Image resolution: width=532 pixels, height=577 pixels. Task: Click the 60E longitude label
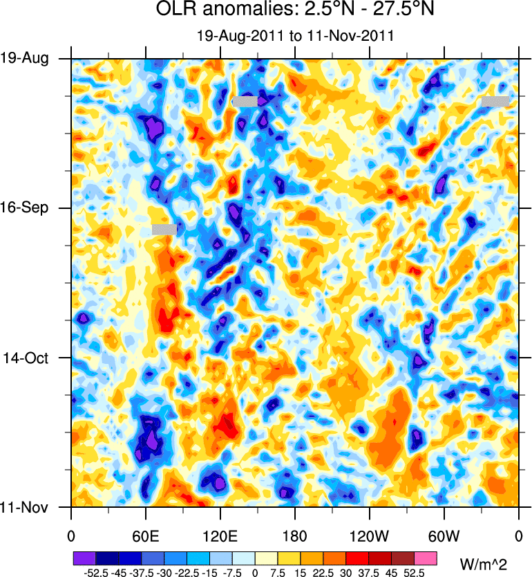pos(146,535)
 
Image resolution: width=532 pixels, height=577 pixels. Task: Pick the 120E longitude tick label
pos(220,535)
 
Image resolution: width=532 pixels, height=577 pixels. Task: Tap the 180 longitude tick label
pos(295,535)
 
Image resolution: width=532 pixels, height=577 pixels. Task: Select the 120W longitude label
pos(370,535)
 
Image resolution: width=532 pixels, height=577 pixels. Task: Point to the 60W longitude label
pos(444,535)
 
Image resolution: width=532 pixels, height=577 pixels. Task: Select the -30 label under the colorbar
pos(164,573)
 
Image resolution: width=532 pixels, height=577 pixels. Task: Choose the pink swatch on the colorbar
pos(426,558)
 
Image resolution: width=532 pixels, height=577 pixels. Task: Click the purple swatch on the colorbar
pos(84,558)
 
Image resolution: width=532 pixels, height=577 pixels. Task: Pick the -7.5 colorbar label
pos(232,573)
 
